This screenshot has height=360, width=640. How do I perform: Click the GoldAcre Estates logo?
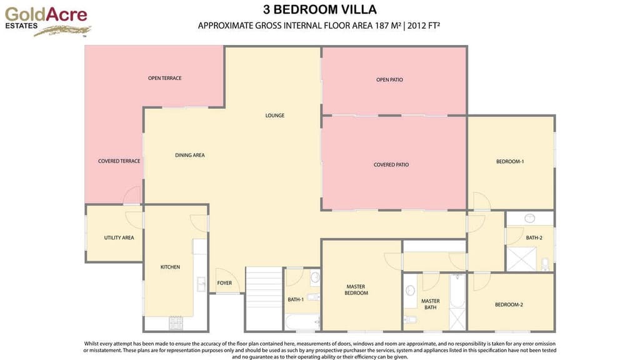pyautogui.click(x=47, y=22)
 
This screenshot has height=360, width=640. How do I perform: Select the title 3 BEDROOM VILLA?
pyautogui.click(x=319, y=9)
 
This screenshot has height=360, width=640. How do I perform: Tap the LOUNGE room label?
pyautogui.click(x=275, y=116)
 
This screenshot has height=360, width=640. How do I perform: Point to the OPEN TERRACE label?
pyautogui.click(x=164, y=78)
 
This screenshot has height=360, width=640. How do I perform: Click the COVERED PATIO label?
pyautogui.click(x=391, y=165)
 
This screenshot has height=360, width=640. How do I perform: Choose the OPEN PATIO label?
pyautogui.click(x=389, y=79)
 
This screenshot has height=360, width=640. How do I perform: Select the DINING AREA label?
pyautogui.click(x=190, y=155)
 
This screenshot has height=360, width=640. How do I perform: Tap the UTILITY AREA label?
pyautogui.click(x=119, y=237)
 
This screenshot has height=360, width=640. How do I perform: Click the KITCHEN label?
pyautogui.click(x=170, y=267)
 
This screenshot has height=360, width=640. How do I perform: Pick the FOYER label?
pyautogui.click(x=224, y=283)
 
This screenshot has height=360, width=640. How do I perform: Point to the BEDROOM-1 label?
pyautogui.click(x=510, y=162)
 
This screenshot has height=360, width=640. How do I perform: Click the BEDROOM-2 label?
pyautogui.click(x=509, y=304)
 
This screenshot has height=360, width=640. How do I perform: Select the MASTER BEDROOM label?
pyautogui.click(x=356, y=290)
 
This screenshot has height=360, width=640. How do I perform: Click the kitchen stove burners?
pyautogui.click(x=176, y=323)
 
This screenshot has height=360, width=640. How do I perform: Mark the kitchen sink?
pyautogui.click(x=201, y=284)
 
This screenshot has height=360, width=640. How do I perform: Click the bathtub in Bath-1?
pyautogui.click(x=302, y=322)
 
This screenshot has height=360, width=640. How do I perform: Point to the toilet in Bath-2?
pyautogui.click(x=545, y=264)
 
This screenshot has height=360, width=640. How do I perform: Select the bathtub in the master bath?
pyautogui.click(x=457, y=291)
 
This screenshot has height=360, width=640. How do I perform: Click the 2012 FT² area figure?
pyautogui.click(x=424, y=26)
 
